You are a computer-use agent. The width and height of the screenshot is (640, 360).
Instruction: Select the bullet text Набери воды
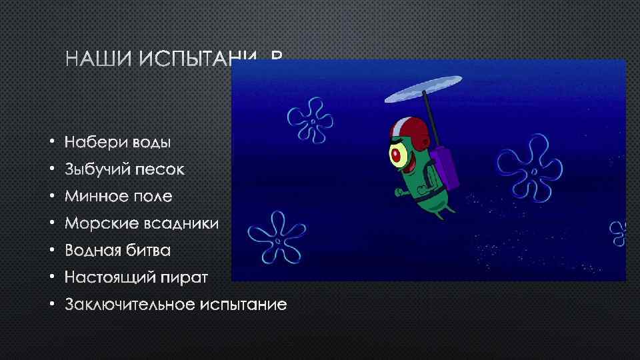coord(118,142)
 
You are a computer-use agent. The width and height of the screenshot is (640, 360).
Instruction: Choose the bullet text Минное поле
coord(119,197)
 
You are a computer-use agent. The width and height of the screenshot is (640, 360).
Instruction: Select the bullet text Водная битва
coord(118,251)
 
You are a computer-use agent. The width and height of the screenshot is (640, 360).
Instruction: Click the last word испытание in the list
coord(244,305)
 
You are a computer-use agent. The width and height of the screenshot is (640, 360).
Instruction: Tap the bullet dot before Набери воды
coord(51,143)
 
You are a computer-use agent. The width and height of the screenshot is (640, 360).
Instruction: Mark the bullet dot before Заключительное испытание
coord(51,305)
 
